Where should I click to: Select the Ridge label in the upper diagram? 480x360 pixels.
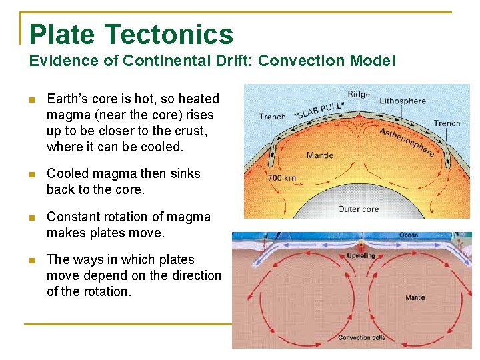358,94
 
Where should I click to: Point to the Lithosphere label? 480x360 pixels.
402,101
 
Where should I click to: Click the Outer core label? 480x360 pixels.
358,209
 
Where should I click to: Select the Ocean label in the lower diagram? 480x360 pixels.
408,235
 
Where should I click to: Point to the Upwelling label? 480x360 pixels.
361,256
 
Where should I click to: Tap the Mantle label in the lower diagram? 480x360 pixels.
415,297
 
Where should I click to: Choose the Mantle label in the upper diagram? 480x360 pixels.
320,155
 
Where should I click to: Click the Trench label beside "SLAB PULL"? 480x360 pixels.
272,117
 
